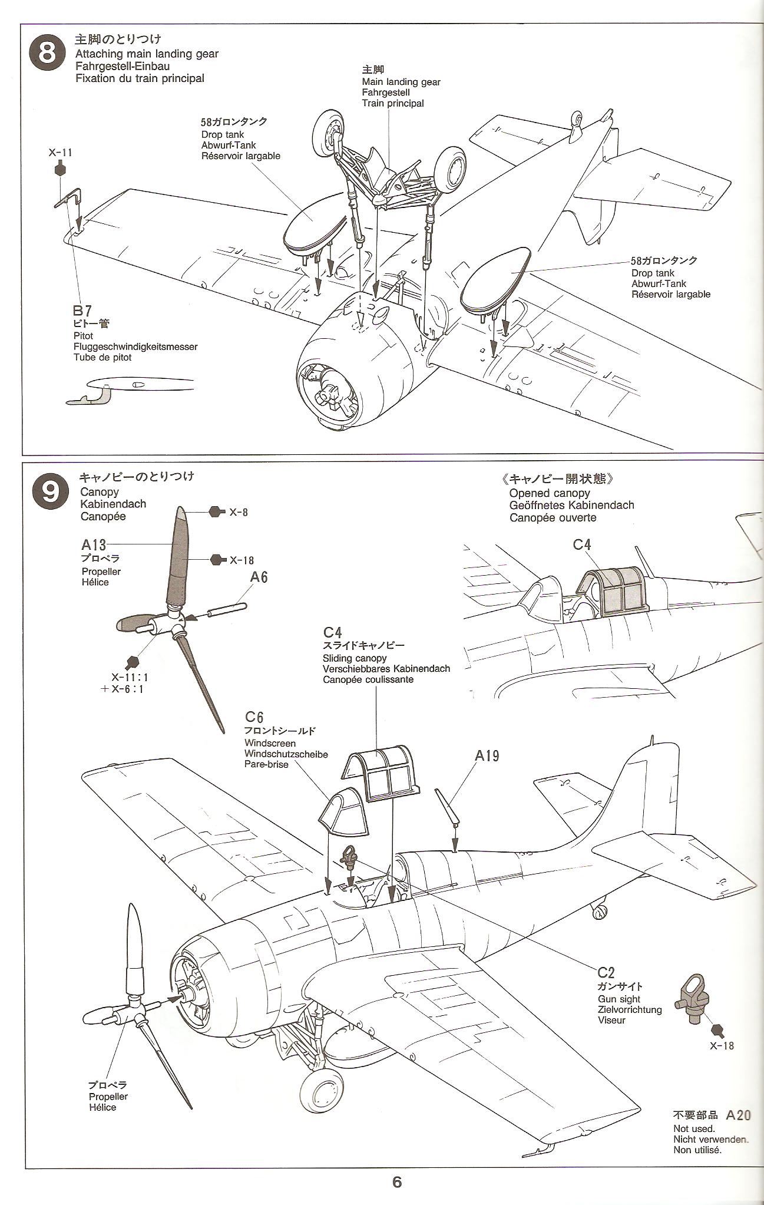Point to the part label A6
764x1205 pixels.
259,576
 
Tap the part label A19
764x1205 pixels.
487,755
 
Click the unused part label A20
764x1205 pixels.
738,1114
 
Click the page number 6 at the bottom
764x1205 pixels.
396,1182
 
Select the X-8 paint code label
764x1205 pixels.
238,512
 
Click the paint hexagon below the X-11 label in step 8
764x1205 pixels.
59,170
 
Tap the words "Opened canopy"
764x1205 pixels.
549,493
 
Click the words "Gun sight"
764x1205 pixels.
619,999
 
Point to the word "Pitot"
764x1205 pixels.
84,336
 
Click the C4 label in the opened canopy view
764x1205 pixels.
582,544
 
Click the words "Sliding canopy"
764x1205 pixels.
354,658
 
